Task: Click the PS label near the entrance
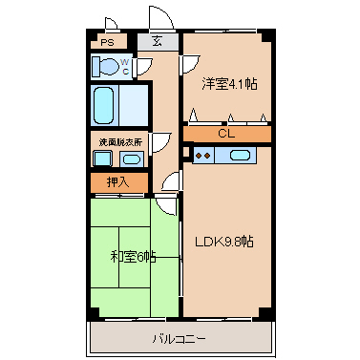108,42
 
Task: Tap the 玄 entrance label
157,41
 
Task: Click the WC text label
124,66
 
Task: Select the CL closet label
226,134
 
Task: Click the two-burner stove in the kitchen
202,155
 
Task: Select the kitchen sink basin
240,155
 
